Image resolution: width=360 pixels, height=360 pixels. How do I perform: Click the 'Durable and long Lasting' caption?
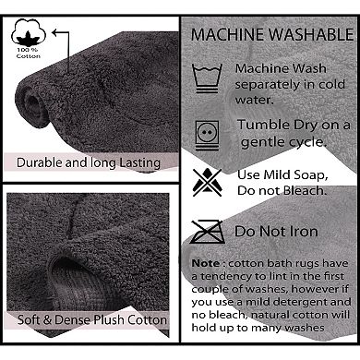pos(88,162)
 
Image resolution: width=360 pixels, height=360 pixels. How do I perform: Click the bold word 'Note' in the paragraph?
pos(206,263)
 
